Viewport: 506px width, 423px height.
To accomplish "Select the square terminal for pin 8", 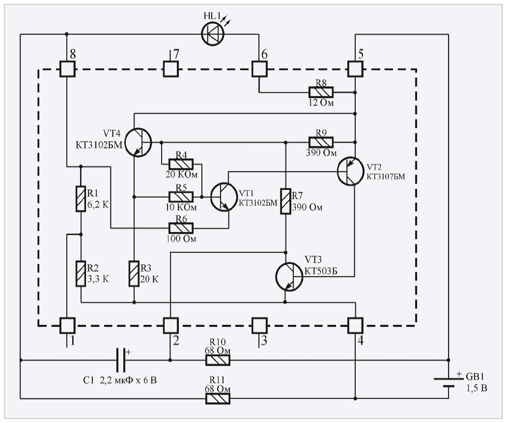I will (x=67, y=69).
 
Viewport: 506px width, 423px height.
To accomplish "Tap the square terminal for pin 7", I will (x=170, y=69).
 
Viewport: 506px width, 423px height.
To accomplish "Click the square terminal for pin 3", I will (x=259, y=325).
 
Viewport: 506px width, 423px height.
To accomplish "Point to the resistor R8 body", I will (x=321, y=92).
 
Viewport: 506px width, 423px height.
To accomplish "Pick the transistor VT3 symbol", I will (x=288, y=276).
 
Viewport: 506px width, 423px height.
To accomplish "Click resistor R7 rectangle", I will (x=285, y=201).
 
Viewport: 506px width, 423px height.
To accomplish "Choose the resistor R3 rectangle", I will (x=134, y=274).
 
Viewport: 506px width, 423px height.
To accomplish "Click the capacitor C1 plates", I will (x=121, y=361).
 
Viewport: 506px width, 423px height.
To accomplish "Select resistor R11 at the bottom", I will (x=218, y=399).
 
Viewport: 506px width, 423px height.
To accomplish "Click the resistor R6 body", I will (x=181, y=228).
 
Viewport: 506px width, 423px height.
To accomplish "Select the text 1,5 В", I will (x=476, y=389).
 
